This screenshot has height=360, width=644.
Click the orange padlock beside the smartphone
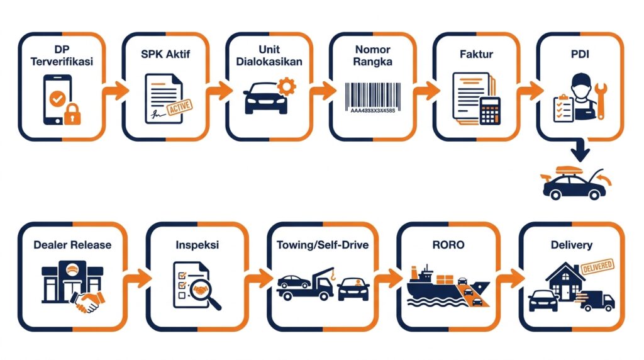click(x=72, y=115)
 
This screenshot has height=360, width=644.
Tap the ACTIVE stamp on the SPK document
click(x=179, y=108)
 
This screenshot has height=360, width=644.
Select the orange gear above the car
click(x=286, y=86)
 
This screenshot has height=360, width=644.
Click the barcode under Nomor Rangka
click(x=373, y=98)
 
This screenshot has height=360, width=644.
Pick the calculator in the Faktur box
click(x=489, y=111)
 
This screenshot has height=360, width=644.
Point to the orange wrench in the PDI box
click(x=601, y=100)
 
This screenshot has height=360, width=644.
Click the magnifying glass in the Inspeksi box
click(x=206, y=293)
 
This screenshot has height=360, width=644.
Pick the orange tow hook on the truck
click(x=333, y=274)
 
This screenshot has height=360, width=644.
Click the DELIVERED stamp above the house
click(x=597, y=267)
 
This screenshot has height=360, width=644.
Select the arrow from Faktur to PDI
click(x=530, y=91)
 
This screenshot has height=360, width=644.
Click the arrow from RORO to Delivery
click(x=510, y=279)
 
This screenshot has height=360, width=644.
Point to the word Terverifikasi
click(x=62, y=62)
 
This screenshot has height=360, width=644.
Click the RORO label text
click(x=448, y=245)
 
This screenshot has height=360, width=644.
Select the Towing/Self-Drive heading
click(x=323, y=245)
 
